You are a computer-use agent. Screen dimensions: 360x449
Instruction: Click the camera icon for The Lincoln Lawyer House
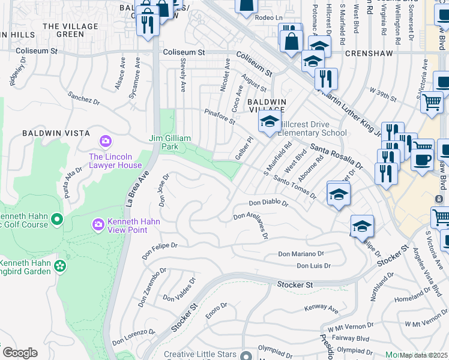click(106, 141)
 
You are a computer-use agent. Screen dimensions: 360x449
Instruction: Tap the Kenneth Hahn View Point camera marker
click(98, 224)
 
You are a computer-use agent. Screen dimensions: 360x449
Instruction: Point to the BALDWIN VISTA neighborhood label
click(56, 133)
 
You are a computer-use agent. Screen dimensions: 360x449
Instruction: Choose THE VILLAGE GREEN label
click(71, 31)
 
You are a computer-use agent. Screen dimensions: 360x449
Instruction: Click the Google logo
click(19, 352)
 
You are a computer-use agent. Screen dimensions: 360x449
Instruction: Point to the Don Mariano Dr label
click(301, 254)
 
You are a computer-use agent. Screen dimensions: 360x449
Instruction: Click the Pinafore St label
click(219, 116)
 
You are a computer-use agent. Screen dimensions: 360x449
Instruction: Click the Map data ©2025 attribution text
click(423, 355)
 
